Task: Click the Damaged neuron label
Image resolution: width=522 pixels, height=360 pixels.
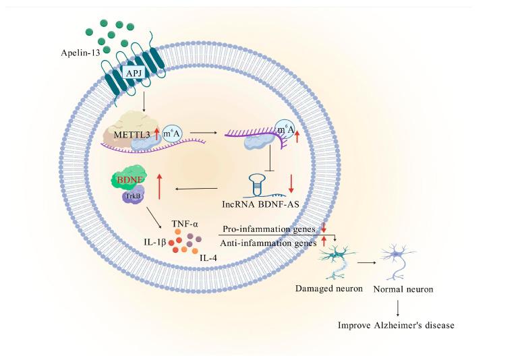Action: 328,289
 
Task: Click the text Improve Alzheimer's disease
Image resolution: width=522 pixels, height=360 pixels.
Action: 396,325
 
